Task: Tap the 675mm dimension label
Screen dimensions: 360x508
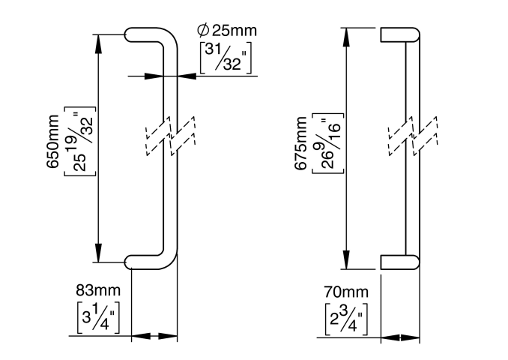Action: [300, 148]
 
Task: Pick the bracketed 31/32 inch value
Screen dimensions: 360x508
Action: [226, 58]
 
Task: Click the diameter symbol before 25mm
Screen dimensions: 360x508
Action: [202, 31]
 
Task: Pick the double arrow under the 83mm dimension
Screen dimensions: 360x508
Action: [154, 337]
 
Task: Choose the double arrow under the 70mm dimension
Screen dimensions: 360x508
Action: [399, 337]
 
